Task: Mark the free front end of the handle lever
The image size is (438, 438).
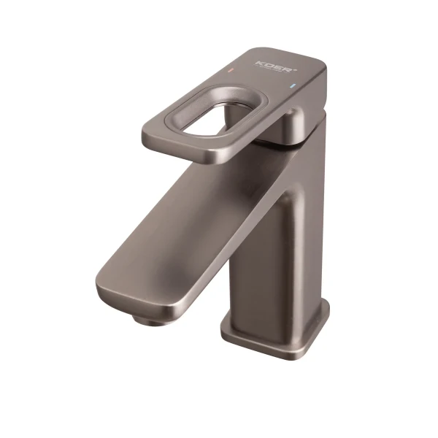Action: pos(157,135)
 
